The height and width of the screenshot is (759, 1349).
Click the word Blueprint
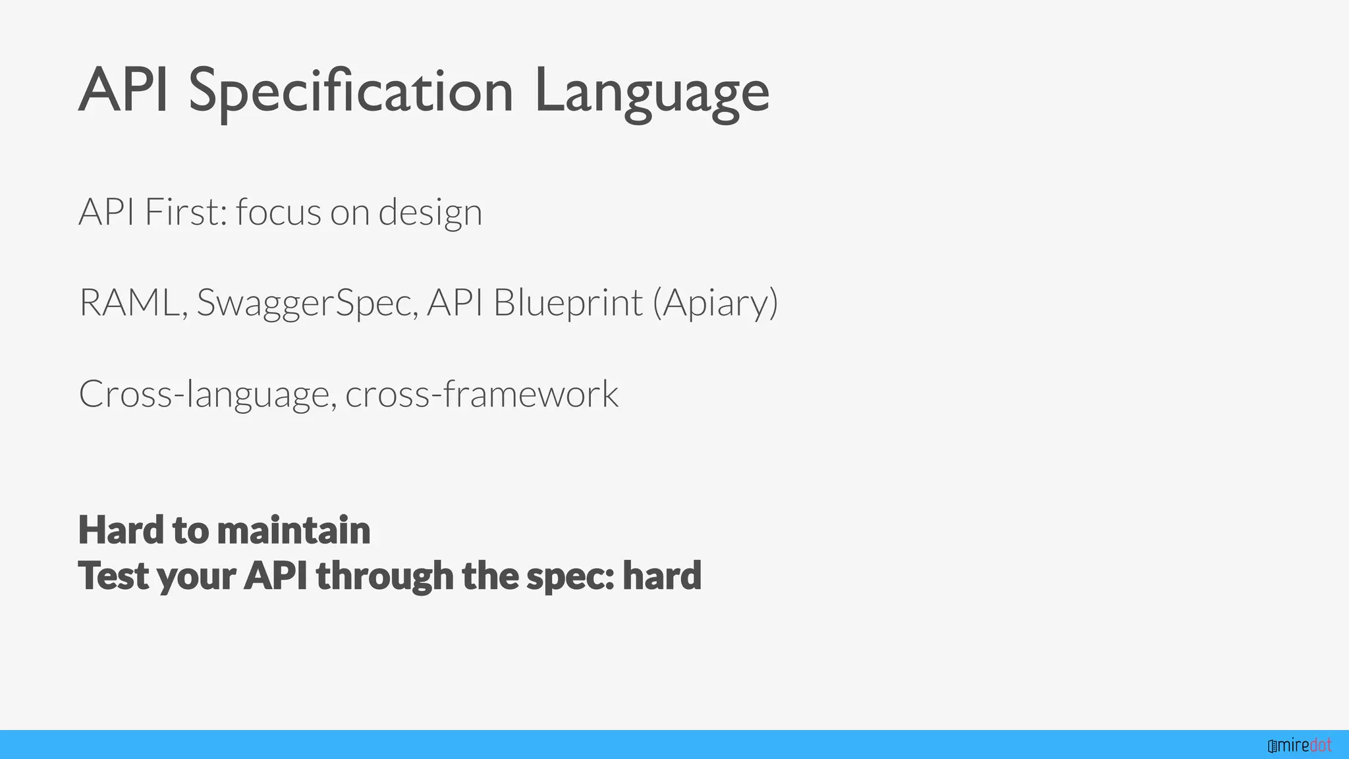[568, 303]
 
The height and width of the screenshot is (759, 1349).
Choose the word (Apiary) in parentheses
[715, 303]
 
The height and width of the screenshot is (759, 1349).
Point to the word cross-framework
[482, 393]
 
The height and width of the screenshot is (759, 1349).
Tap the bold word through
[385, 576]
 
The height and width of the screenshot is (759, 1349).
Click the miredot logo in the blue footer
[1300, 745]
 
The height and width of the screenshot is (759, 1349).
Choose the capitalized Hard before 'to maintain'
[121, 530]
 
